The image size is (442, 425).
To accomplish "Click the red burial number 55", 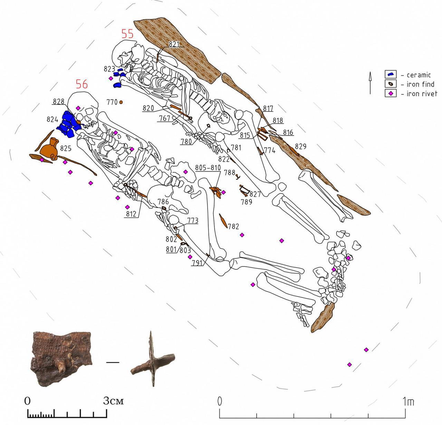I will point(127,34).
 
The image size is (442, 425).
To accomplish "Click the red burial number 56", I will point(82,84).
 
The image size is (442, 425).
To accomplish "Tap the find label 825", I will point(66,148).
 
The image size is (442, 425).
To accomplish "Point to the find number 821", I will point(174,44).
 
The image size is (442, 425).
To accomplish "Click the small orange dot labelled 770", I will point(121,102).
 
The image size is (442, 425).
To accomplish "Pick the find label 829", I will point(300,146).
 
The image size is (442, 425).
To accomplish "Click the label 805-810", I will point(208,168).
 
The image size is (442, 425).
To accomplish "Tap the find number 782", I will point(233,226).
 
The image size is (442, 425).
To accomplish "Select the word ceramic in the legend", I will point(419,75).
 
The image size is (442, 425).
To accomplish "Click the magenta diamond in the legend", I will point(391,93).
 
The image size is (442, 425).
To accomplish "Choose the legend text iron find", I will point(420,84).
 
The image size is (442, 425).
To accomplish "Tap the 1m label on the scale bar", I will point(408,402).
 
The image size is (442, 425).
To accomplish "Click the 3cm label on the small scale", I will point(113,401).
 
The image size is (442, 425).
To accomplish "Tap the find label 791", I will point(196,262).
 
